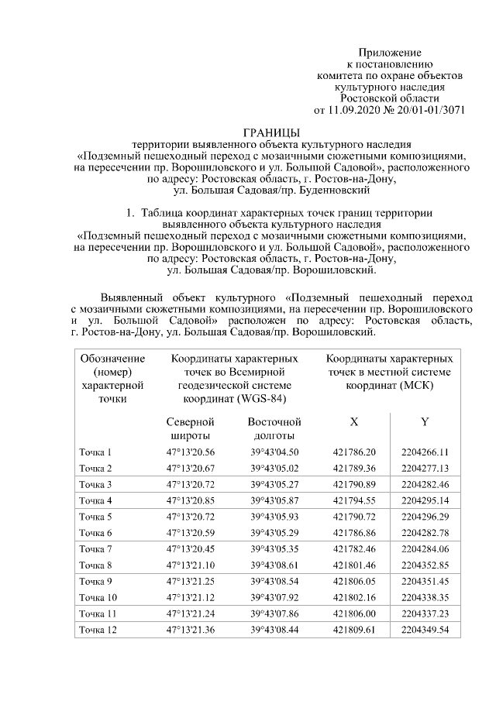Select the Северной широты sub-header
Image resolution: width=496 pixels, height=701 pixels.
coord(190,429)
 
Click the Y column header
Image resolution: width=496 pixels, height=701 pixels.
coord(425,422)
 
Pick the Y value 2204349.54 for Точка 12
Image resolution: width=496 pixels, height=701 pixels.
coord(425,630)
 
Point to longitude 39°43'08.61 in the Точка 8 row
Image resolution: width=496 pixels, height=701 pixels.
coord(274,565)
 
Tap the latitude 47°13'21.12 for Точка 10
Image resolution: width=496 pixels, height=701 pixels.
coord(190,597)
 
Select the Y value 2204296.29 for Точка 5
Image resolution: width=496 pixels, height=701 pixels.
coord(425,517)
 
